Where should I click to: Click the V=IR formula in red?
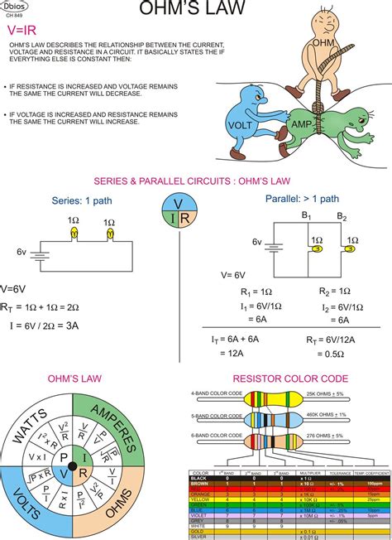click(x=25, y=29)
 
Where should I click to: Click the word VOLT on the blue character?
click(x=240, y=124)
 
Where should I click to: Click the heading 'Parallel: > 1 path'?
click(x=303, y=199)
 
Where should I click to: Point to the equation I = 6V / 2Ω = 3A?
click(x=44, y=325)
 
